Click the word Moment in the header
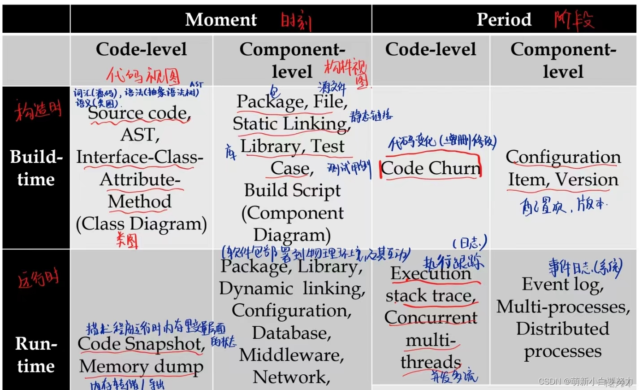221,20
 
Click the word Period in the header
504,20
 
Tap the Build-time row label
36,168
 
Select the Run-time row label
36,355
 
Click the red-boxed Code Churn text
431,168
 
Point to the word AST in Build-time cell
140,135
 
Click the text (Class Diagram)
141,223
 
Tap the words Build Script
292,190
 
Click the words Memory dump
141,366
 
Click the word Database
292,333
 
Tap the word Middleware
291,355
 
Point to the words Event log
563,284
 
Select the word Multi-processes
563,307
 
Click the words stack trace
430,296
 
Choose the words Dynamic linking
292,289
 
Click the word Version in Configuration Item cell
587,180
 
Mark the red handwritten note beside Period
574,20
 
